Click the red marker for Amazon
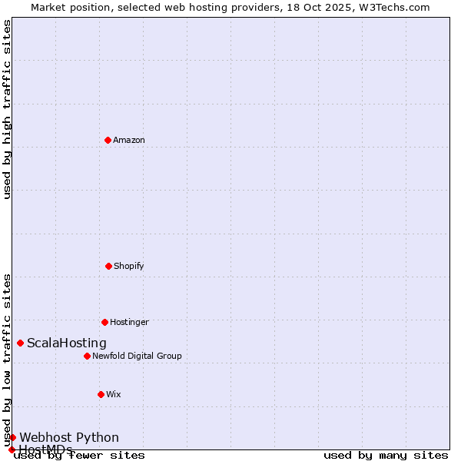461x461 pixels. [108, 140]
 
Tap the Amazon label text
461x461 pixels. [129, 140]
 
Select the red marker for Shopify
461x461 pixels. [108, 266]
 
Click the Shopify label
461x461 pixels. [129, 266]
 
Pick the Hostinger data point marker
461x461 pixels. [104, 322]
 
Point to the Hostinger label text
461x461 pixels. [129, 322]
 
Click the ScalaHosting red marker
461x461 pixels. [20, 343]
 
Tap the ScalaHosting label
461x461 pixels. [67, 343]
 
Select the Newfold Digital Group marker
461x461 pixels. [87, 356]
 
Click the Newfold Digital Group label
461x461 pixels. [138, 356]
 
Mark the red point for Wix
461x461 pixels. [101, 394]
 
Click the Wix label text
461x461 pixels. [114, 394]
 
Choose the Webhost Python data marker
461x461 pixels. [12, 437]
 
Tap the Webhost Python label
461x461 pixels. [69, 438]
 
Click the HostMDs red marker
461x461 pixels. [12, 449]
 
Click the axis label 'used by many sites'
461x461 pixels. [386, 456]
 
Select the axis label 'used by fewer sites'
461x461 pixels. [79, 456]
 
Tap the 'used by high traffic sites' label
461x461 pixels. [7, 109]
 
